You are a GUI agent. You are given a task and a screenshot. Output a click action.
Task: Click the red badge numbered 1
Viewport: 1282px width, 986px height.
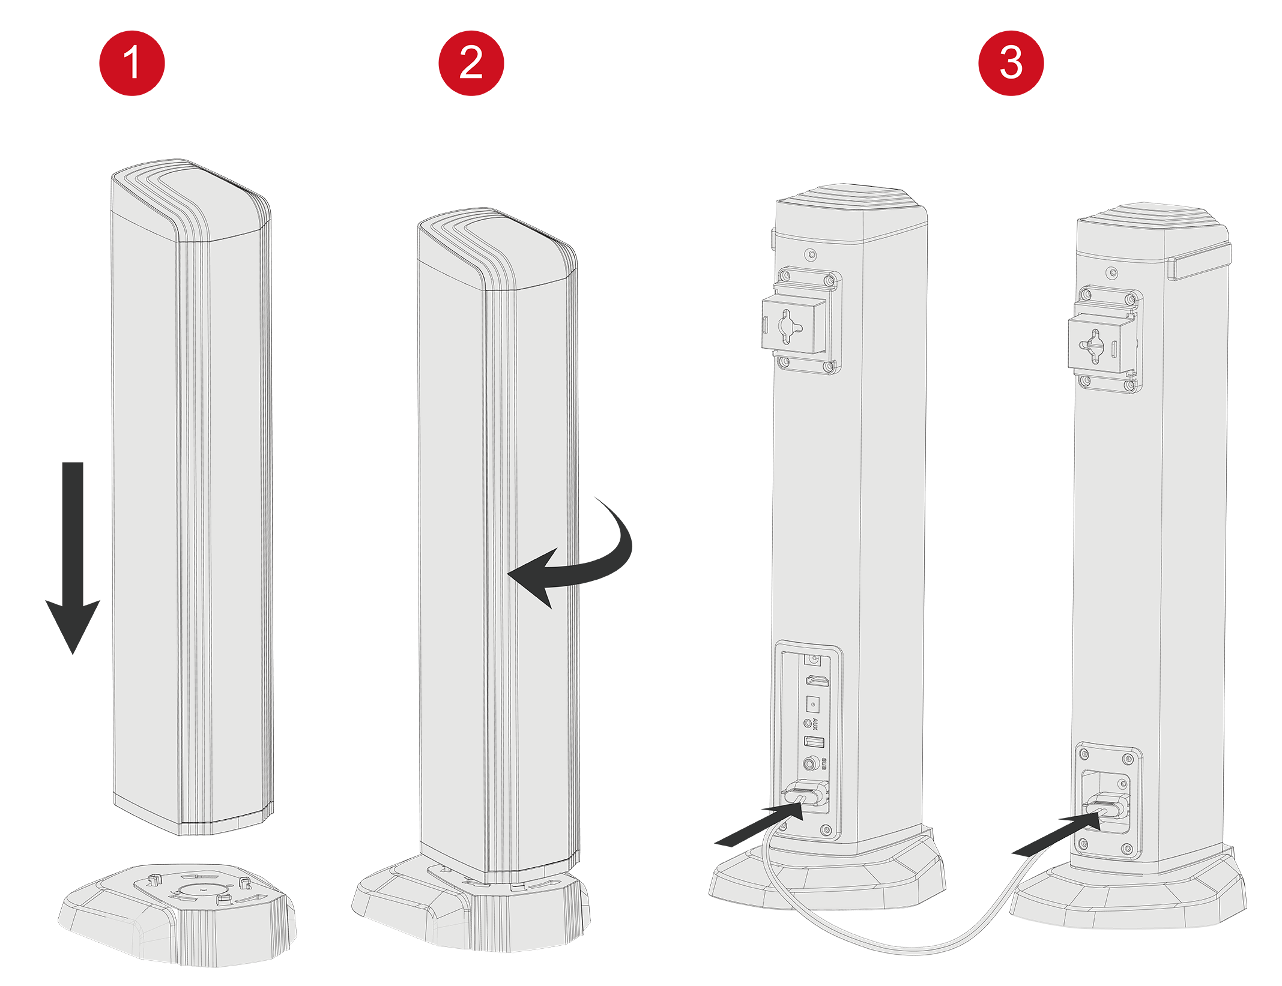132,75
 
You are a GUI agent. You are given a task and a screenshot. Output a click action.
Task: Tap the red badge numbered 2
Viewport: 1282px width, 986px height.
471,75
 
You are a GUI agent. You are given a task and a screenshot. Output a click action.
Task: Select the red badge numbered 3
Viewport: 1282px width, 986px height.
1011,75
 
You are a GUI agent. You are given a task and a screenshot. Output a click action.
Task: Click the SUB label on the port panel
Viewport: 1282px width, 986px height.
824,764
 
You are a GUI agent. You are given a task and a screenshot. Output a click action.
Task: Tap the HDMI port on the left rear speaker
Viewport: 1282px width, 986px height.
816,681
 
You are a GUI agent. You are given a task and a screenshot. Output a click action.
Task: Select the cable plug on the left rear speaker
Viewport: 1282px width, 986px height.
805,796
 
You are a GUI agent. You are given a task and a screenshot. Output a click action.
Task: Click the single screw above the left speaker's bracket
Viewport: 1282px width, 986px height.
812,255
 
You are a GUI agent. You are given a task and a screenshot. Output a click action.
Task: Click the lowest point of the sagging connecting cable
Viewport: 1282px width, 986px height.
913,950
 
